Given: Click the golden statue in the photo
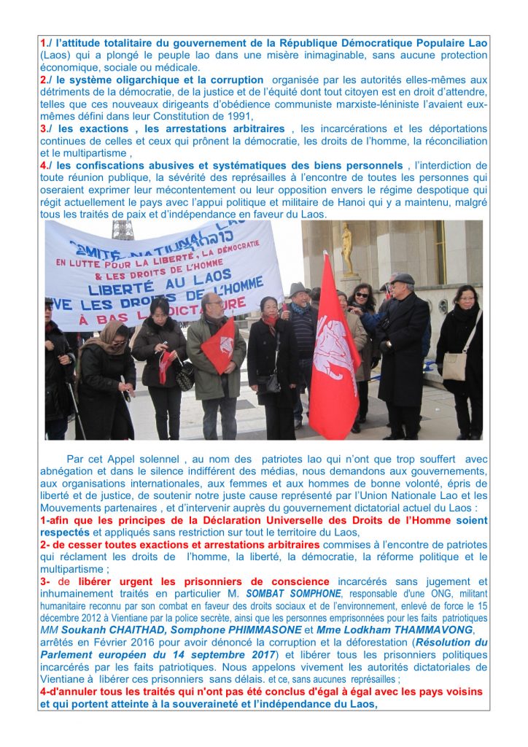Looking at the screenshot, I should [x=347, y=249].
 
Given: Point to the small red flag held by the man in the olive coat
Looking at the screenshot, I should [x=220, y=345].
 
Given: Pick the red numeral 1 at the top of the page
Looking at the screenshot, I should [x=43, y=43].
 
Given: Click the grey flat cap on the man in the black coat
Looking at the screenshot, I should [x=402, y=279].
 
